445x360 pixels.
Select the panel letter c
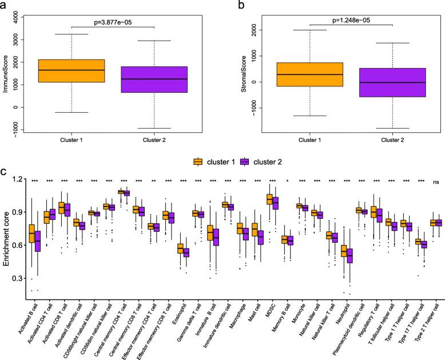pyautogui.click(x=5, y=171)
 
